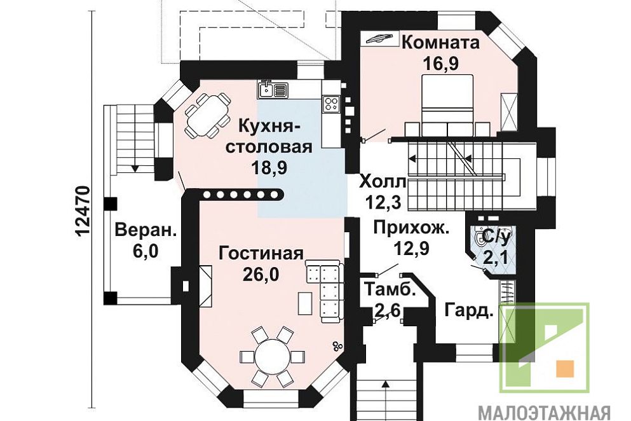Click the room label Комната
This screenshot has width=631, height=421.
point(440,43)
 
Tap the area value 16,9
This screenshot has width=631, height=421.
point(441,63)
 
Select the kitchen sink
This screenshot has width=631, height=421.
point(273,89)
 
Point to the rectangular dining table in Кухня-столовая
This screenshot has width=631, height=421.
point(207,116)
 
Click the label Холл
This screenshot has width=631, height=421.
point(382,181)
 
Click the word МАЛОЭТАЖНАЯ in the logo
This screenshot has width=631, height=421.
point(544,413)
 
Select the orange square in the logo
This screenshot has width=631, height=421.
point(565,369)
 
